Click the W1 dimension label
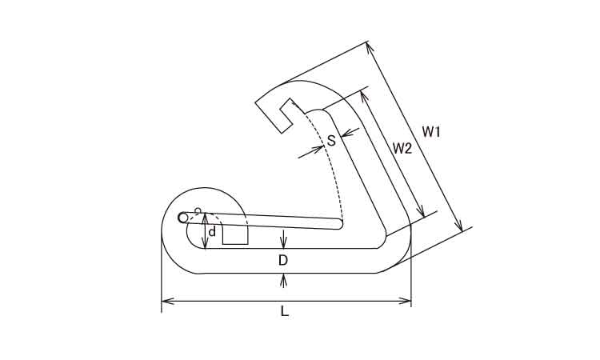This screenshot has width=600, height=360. tap(431, 132)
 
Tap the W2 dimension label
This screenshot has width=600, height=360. tap(402, 148)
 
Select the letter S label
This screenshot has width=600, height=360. tap(331, 141)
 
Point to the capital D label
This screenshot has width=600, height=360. tap(282, 261)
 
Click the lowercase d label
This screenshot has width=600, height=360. tap(212, 231)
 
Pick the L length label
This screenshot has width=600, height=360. tap(284, 311)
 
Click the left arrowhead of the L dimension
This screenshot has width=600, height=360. tap(168, 302)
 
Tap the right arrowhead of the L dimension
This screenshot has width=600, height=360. tap(405, 302)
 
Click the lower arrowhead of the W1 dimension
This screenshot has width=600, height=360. tap(459, 225)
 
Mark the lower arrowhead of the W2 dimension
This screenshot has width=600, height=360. tap(421, 210)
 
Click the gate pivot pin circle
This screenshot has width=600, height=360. tap(183, 218)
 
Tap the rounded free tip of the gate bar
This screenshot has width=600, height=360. tap(340, 225)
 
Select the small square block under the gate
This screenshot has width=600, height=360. tap(235, 235)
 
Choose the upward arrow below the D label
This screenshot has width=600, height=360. tap(283, 281)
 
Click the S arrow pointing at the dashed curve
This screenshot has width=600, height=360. tap(311, 151)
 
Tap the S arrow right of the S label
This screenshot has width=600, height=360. tap(350, 132)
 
